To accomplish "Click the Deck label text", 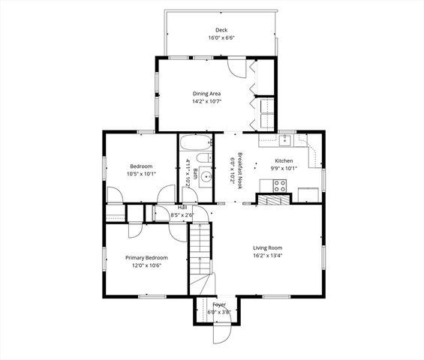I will [x=221, y=30].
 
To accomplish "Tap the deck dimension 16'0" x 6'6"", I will [x=221, y=37].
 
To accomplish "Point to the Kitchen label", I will [x=283, y=160].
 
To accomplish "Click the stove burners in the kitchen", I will [x=280, y=185].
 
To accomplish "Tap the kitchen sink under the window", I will [x=286, y=139].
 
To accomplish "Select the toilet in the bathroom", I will [x=203, y=157].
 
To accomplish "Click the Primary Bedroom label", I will [x=143, y=257].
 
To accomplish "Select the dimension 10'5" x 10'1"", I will [x=141, y=174].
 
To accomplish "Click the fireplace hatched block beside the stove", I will [x=266, y=199].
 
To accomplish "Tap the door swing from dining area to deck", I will [x=236, y=67].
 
